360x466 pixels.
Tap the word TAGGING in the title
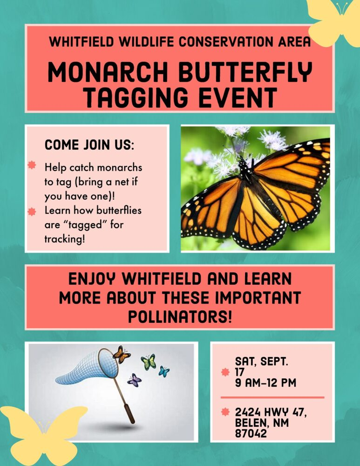click(x=136, y=97)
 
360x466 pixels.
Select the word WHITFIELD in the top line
click(x=82, y=41)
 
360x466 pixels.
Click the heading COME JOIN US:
click(x=89, y=145)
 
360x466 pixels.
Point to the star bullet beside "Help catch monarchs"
click(x=32, y=165)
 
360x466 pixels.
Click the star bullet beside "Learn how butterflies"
click(x=32, y=212)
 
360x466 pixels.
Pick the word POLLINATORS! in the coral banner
click(x=180, y=317)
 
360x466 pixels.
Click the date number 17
click(x=239, y=372)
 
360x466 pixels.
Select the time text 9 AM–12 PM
click(x=265, y=383)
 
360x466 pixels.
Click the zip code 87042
click(x=251, y=433)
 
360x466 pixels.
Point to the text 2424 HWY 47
click(x=271, y=412)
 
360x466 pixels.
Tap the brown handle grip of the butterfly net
click(x=129, y=413)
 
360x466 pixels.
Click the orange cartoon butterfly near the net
click(x=122, y=354)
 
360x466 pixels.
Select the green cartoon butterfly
click(x=149, y=362)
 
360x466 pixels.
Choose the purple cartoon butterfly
click(x=134, y=380)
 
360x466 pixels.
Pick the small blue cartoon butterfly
click(x=163, y=371)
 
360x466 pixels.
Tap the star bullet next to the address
click(x=225, y=412)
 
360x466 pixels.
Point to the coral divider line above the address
click(x=272, y=397)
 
